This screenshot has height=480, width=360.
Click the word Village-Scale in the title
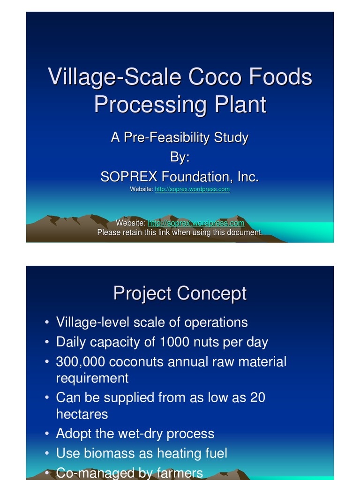[x=115, y=77]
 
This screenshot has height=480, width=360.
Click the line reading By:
[x=180, y=157]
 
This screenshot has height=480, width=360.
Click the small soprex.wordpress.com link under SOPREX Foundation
[x=192, y=189]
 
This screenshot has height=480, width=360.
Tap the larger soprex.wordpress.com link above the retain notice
[x=196, y=223]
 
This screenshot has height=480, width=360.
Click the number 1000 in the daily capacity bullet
[x=175, y=342]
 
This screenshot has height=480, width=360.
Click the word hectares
[x=82, y=414]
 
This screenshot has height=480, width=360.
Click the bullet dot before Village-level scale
[x=47, y=323]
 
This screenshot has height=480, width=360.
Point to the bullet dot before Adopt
[x=47, y=434]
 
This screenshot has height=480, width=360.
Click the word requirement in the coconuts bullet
[x=92, y=378]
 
